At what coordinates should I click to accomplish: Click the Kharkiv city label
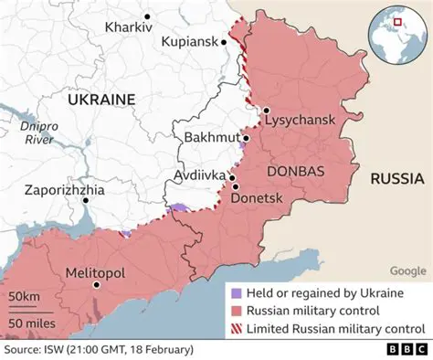click(128, 26)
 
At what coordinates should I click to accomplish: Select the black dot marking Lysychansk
click(265, 111)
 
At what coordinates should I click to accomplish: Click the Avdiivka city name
click(199, 174)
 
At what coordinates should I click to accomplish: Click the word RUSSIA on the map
click(396, 179)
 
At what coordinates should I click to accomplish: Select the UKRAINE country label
click(100, 99)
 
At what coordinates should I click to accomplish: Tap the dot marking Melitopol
click(96, 285)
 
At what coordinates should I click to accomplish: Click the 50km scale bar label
click(25, 298)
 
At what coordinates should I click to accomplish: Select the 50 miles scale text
click(30, 323)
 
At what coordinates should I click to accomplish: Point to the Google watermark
click(407, 270)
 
